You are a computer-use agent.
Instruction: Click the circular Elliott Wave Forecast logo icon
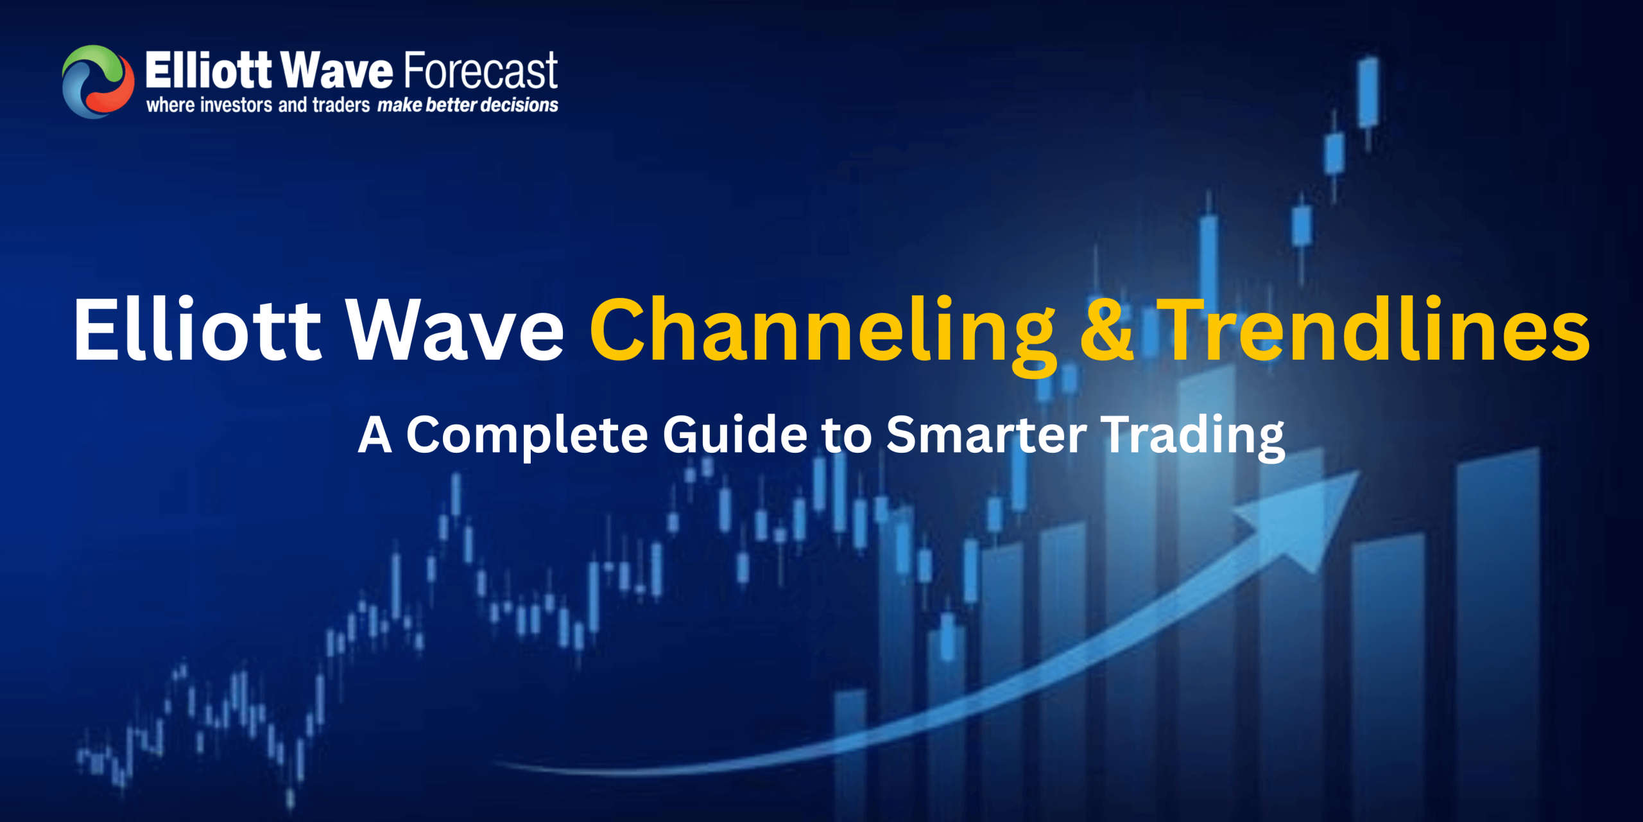tap(98, 82)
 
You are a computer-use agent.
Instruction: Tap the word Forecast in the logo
tap(481, 70)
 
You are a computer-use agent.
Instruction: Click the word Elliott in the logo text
tap(209, 70)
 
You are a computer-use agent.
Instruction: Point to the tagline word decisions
tap(519, 105)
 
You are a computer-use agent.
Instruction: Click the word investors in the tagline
tap(236, 105)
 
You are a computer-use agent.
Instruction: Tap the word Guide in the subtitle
tap(734, 435)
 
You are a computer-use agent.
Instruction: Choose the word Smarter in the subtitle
tap(986, 435)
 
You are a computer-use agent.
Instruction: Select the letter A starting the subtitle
tap(375, 435)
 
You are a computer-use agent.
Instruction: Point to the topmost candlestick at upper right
tap(1368, 93)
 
